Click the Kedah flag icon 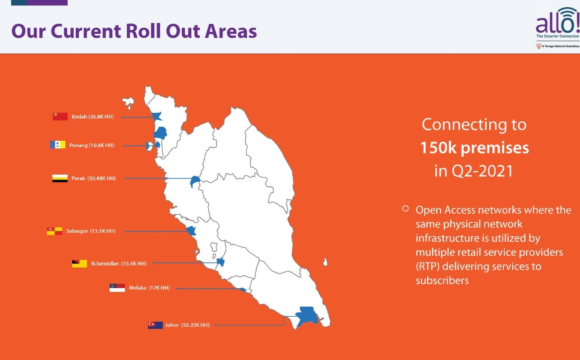click(x=60, y=116)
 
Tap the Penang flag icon click(x=58, y=144)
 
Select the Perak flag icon click(x=60, y=178)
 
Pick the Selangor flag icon click(x=55, y=231)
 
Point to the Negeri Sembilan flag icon click(x=79, y=263)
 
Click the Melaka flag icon click(x=117, y=288)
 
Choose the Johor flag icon click(x=155, y=325)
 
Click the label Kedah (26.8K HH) click(x=93, y=116)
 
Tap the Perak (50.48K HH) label click(x=93, y=178)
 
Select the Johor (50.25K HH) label click(x=188, y=325)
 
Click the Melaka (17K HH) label click(x=149, y=288)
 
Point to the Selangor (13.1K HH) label click(x=91, y=231)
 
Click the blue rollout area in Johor click(x=307, y=316)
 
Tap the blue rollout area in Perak click(x=194, y=181)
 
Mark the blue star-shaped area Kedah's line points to click(x=157, y=116)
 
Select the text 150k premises click(x=474, y=148)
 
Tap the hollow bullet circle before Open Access click(x=405, y=208)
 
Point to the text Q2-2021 click(x=483, y=171)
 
